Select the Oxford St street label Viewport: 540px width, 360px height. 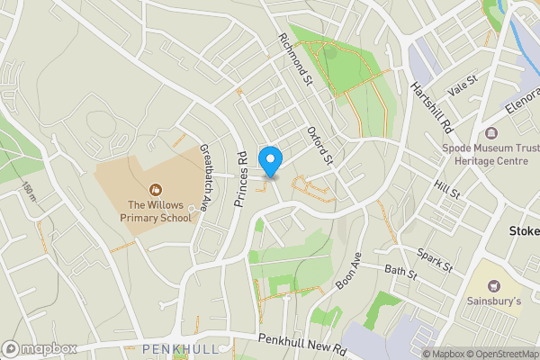tap(319, 144)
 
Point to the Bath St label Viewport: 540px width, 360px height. tap(401, 269)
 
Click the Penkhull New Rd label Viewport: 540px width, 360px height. tap(301, 343)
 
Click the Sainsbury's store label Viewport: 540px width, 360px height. tap(493, 301)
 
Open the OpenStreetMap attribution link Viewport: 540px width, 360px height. tap(499, 354)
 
